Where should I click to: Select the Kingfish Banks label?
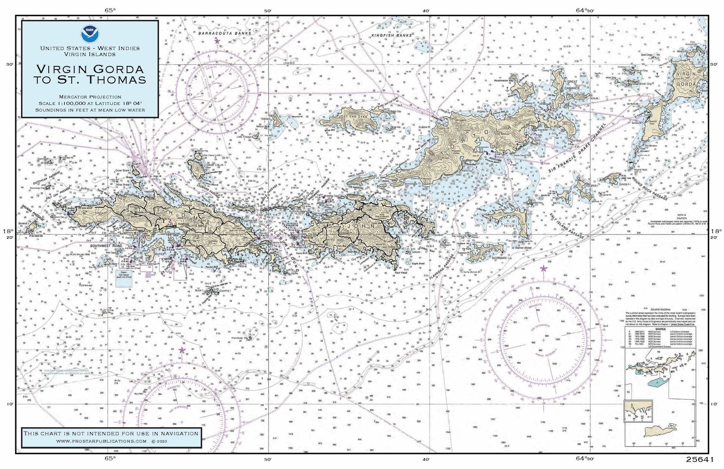(x=392, y=35)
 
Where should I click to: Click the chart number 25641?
(x=699, y=460)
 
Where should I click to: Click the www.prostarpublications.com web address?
(x=101, y=441)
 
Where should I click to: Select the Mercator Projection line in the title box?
(x=90, y=97)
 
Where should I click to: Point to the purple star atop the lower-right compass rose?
(x=543, y=269)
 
